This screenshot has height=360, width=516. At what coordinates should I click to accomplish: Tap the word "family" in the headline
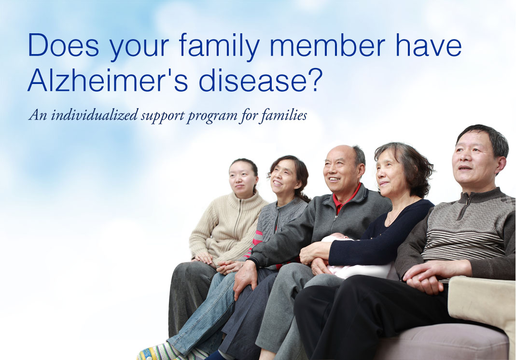coord(219,46)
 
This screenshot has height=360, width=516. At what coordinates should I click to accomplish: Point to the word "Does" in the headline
coord(64,45)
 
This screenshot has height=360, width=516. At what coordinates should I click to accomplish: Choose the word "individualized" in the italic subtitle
coord(94,115)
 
